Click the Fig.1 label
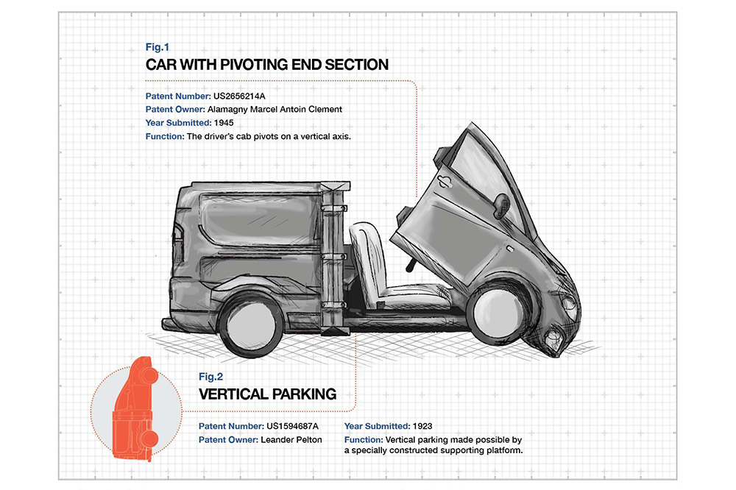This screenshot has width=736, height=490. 158,47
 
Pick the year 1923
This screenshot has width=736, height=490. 422,426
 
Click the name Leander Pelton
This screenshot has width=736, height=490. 291,440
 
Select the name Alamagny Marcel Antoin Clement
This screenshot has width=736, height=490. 275,110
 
